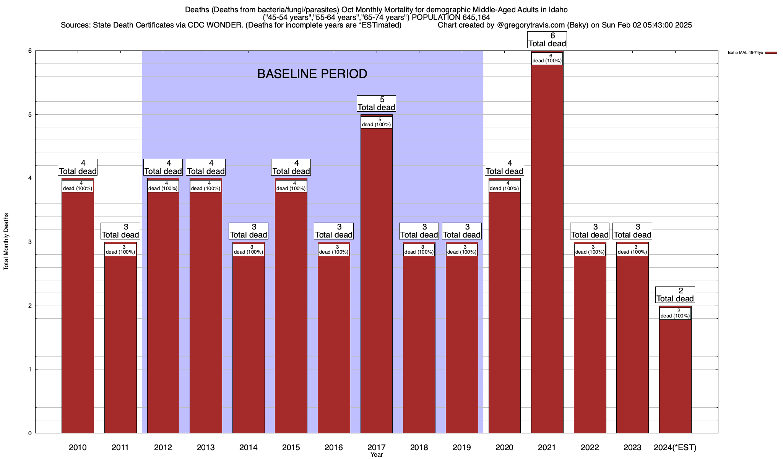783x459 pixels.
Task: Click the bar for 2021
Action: coord(547,249)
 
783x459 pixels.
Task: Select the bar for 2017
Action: coord(376,279)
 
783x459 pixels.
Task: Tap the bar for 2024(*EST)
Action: coord(675,375)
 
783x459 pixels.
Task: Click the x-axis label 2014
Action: coord(248,447)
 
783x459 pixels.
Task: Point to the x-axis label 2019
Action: coord(461,447)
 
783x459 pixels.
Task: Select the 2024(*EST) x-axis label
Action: coord(675,447)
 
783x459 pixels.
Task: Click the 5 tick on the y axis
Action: coord(29,115)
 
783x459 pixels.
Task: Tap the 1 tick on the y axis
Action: coord(29,369)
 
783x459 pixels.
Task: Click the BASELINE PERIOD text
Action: coord(312,74)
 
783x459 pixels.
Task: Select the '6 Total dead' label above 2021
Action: coord(547,40)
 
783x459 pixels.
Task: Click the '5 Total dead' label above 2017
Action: coord(376,104)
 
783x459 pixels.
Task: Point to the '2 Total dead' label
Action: coord(675,295)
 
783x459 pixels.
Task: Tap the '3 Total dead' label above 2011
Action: coord(120,231)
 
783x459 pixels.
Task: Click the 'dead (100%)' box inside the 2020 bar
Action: coord(504,186)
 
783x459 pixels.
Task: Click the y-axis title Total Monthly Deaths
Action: coord(6,242)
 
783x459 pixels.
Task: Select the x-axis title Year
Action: coord(376,455)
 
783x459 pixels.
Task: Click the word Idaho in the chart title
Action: coord(557,10)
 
